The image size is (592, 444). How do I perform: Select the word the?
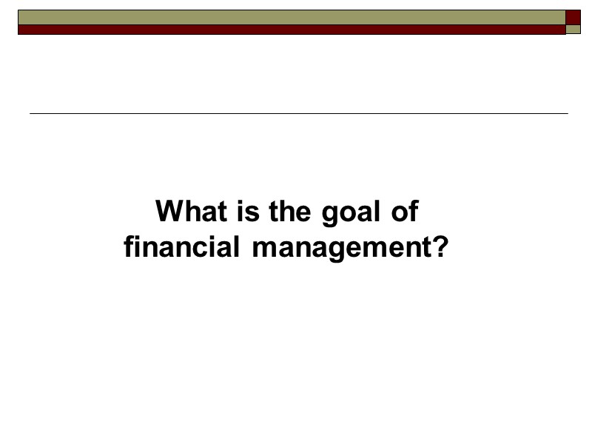(x=291, y=212)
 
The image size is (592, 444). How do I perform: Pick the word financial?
(x=181, y=246)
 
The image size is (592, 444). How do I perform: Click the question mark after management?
(x=441, y=246)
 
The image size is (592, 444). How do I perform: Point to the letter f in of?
(x=413, y=212)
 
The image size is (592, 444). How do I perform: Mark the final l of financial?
(x=237, y=246)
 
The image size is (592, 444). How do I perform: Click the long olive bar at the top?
(x=292, y=17)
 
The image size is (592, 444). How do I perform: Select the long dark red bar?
(x=292, y=30)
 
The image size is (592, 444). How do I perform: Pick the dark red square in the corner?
(x=573, y=17)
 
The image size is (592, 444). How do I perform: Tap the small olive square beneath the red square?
(x=573, y=30)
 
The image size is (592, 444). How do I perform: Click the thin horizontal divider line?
(x=298, y=113)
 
